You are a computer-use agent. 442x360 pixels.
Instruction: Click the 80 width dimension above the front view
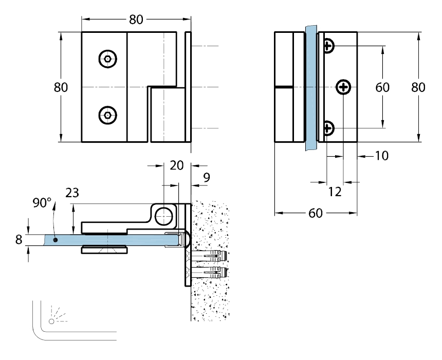(x=136, y=20)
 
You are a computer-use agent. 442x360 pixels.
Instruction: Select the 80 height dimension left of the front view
(x=61, y=87)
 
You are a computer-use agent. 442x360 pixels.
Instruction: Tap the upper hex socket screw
(x=107, y=59)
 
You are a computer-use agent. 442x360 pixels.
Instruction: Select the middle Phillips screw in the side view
(x=343, y=88)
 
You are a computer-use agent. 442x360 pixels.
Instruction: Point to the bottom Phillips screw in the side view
(x=328, y=127)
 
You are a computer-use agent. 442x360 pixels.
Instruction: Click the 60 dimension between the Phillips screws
(x=382, y=87)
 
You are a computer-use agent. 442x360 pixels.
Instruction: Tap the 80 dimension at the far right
(x=418, y=87)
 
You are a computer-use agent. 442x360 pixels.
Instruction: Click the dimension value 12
(x=335, y=192)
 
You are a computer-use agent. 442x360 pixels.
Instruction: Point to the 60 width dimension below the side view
(x=316, y=213)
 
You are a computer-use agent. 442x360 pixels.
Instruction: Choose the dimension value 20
(x=176, y=165)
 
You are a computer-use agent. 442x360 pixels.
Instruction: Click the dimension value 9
(x=206, y=178)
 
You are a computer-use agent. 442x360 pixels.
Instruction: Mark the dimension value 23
(x=72, y=193)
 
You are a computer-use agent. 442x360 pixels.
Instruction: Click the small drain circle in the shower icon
(x=51, y=321)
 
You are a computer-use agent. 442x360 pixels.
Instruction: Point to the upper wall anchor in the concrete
(x=211, y=256)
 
